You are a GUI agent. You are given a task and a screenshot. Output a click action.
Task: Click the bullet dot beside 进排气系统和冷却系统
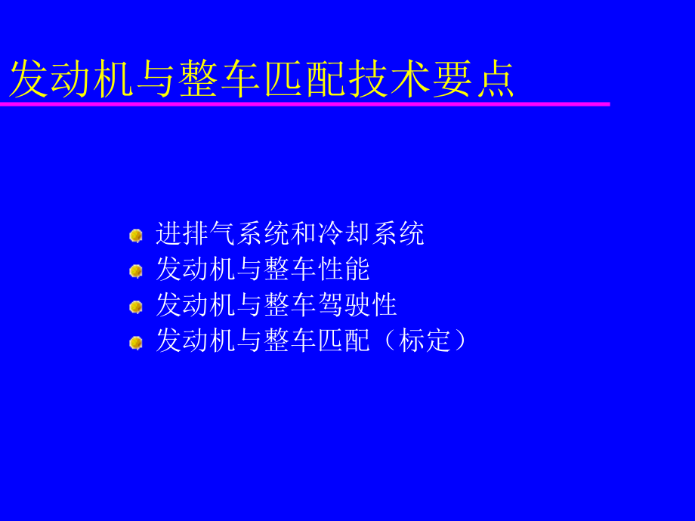point(136,236)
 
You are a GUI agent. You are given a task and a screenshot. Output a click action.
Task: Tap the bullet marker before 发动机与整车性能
point(136,271)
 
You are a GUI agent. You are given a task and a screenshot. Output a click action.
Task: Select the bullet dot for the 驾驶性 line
point(136,307)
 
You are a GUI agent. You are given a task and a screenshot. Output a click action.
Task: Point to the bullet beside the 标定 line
point(136,343)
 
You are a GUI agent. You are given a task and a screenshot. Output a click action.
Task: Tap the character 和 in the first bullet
point(304,233)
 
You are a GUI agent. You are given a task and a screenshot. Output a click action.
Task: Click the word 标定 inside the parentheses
point(425,341)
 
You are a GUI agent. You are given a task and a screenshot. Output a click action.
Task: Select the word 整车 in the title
point(221,79)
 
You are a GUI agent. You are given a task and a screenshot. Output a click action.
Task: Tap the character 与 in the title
point(156,79)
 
